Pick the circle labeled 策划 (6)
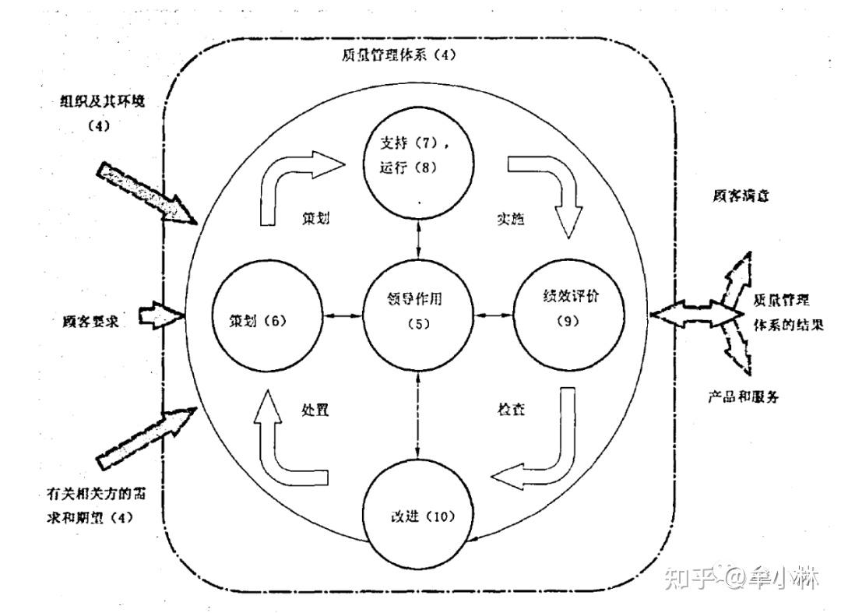[x=263, y=318]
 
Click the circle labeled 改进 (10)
[x=420, y=517]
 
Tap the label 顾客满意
[x=741, y=196]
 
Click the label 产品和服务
[x=744, y=396]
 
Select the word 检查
[x=511, y=409]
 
